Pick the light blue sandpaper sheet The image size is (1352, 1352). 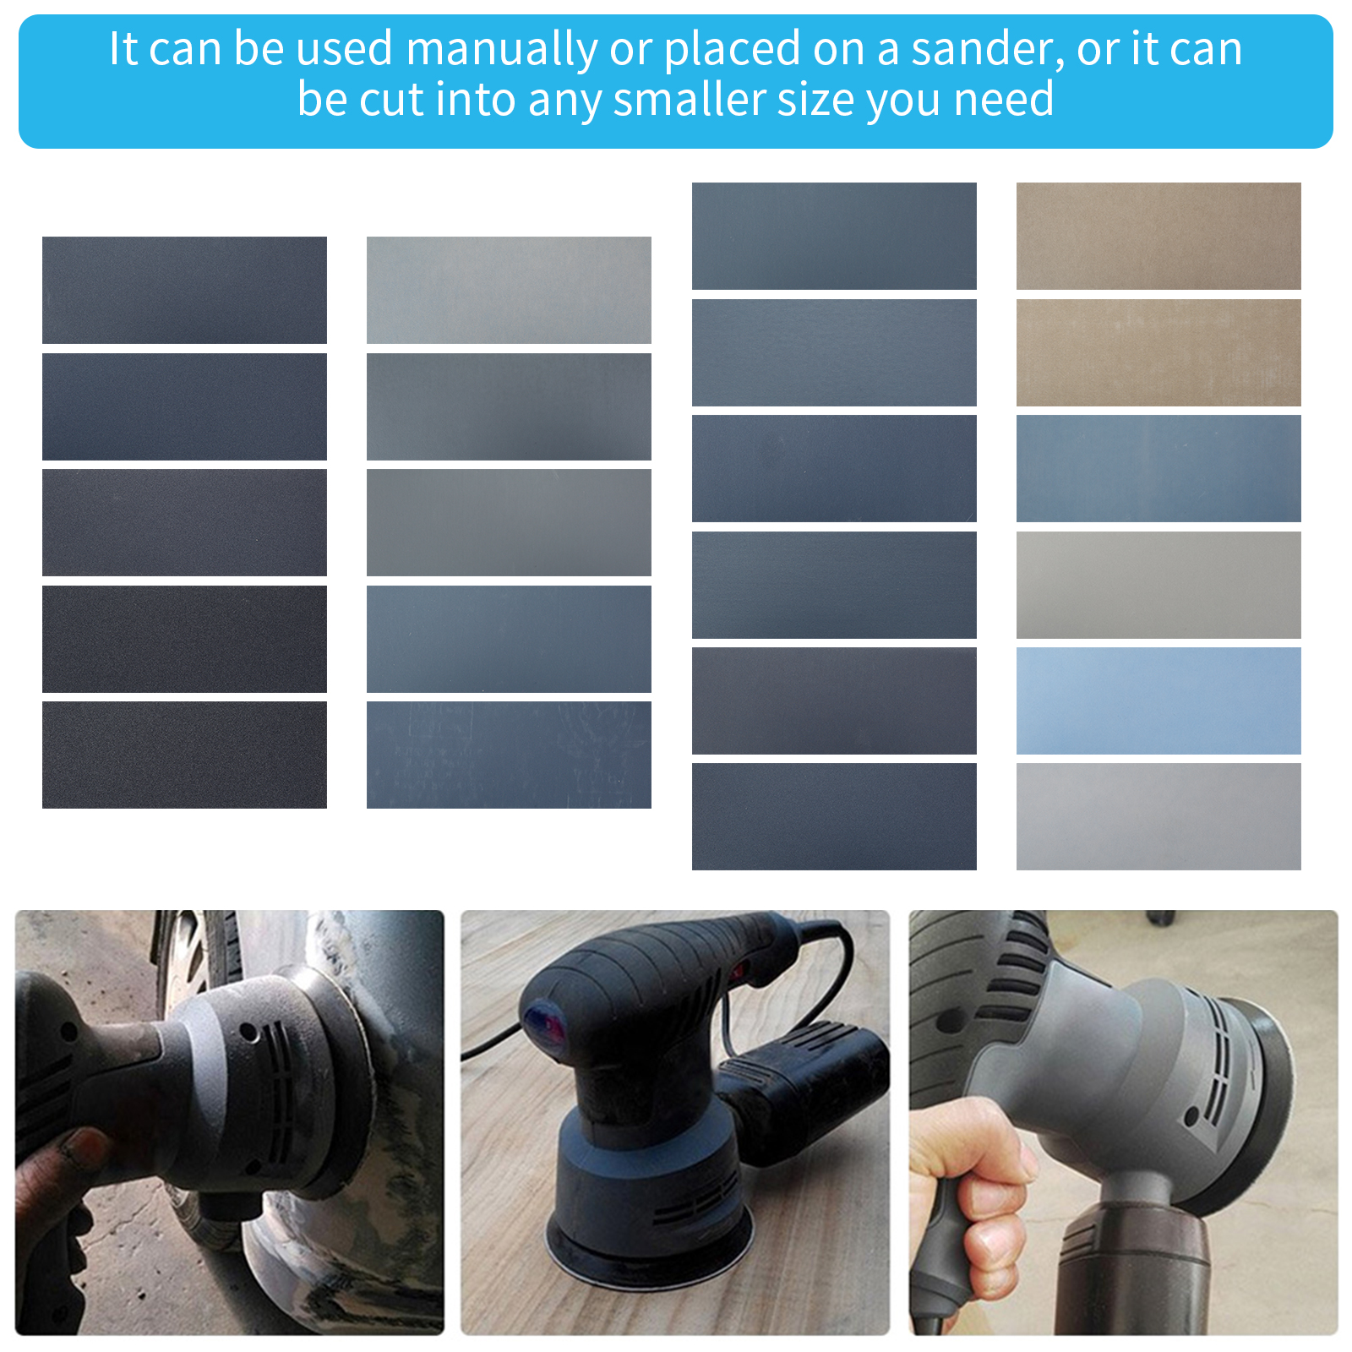tap(1158, 701)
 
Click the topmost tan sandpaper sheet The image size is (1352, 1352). tap(1158, 236)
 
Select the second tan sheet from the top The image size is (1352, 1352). tap(1158, 352)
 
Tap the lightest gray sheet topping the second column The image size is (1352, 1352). tap(509, 290)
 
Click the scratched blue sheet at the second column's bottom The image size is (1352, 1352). tap(509, 755)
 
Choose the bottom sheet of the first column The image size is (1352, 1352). tap(184, 755)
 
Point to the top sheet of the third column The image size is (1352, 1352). tap(834, 236)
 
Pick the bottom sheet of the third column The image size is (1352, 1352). tap(834, 816)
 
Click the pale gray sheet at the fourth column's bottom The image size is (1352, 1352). tap(1158, 816)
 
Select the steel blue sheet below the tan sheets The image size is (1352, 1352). tap(1158, 468)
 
